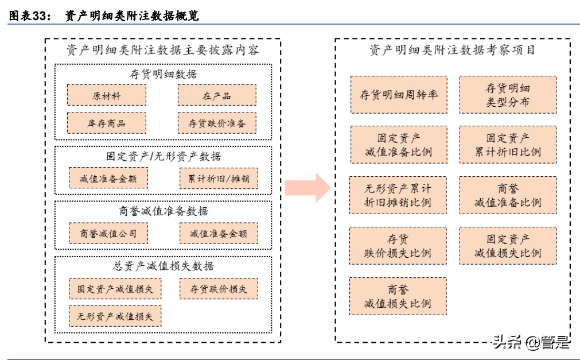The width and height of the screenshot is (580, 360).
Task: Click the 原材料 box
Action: pos(106,96)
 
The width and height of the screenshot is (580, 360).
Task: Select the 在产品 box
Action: pos(216,96)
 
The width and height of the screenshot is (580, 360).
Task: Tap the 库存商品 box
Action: pos(106,123)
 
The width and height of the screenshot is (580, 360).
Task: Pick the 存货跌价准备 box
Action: pos(216,123)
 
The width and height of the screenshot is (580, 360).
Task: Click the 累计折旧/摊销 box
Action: pos(218,178)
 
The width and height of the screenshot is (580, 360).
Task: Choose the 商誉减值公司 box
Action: pos(107,233)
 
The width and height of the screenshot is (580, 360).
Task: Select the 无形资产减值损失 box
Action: pos(115,316)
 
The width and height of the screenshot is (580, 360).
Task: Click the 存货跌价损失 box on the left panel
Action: pos(218,289)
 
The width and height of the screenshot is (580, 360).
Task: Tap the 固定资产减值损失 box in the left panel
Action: pos(115,289)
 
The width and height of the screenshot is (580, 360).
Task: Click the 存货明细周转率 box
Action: pos(398,95)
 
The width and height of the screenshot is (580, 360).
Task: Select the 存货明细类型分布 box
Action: pos(508,95)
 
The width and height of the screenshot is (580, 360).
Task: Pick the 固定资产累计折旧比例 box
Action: pos(508,145)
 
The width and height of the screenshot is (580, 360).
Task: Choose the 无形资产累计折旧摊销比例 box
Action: pos(398,196)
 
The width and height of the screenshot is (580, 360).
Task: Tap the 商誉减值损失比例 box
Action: pos(398,296)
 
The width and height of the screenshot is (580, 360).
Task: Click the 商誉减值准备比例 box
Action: pos(508,196)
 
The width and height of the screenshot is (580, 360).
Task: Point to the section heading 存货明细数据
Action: pos(163,74)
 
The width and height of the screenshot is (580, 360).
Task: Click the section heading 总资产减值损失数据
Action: pos(163,266)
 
